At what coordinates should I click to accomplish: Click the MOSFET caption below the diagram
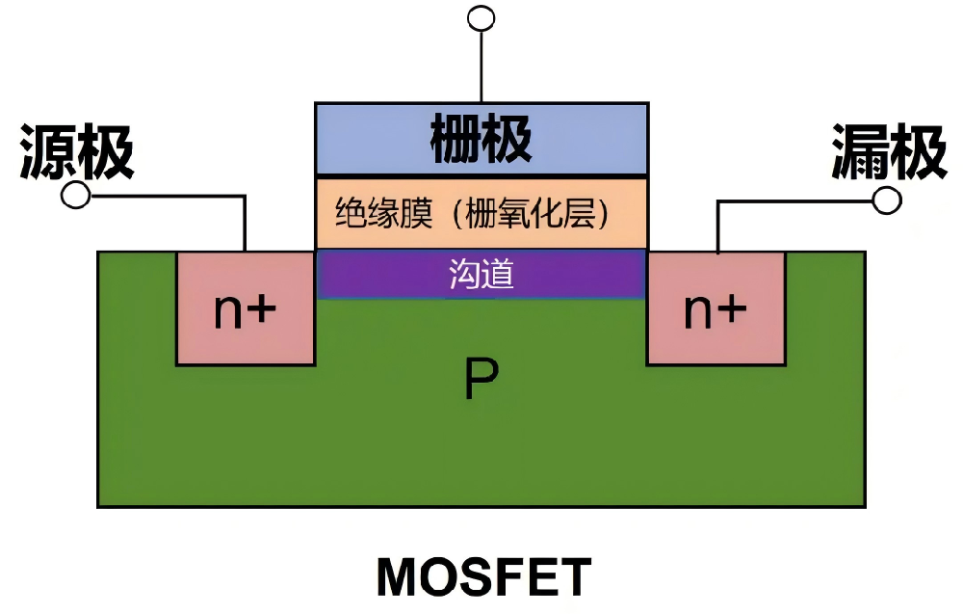(x=482, y=577)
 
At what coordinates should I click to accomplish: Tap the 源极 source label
(x=77, y=151)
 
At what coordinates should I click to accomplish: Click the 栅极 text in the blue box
(x=481, y=140)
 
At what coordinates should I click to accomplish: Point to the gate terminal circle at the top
(x=480, y=17)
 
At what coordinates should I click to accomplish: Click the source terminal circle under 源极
(x=75, y=196)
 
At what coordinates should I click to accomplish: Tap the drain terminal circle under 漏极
(x=887, y=200)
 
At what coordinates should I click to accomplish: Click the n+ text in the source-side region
(x=246, y=310)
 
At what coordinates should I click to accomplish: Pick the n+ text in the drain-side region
(x=716, y=310)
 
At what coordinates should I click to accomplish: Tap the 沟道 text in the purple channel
(x=481, y=275)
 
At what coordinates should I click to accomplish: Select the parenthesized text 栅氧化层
(x=535, y=213)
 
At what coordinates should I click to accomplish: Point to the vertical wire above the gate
(x=480, y=64)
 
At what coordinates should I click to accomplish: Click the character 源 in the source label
(x=49, y=151)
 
